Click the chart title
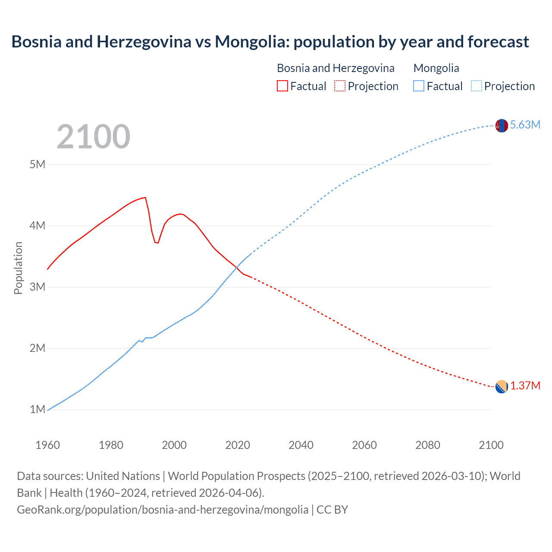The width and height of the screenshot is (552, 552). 270,42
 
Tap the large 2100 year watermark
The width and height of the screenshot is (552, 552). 93,137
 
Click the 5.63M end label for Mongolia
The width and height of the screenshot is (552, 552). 525,125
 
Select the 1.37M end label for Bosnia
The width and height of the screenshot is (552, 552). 525,386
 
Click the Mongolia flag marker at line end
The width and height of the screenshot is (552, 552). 502,125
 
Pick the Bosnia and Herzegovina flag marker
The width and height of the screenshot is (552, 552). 502,387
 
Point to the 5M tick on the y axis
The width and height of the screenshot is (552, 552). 38,164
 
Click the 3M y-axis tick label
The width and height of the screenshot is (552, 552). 38,287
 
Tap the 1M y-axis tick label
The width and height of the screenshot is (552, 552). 38,409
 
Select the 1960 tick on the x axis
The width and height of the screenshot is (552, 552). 47,445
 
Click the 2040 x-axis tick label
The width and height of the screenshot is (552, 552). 301,445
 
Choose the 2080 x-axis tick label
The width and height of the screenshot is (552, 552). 428,445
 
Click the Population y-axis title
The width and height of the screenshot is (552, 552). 18,268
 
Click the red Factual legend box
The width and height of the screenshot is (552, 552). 282,86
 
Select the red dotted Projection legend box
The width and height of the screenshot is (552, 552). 340,86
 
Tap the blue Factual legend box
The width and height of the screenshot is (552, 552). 419,86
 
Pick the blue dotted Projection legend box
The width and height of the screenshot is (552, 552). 477,86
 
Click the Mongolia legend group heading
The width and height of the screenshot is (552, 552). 436,68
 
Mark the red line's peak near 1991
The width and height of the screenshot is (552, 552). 145,198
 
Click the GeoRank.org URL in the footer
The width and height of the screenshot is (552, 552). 163,510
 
